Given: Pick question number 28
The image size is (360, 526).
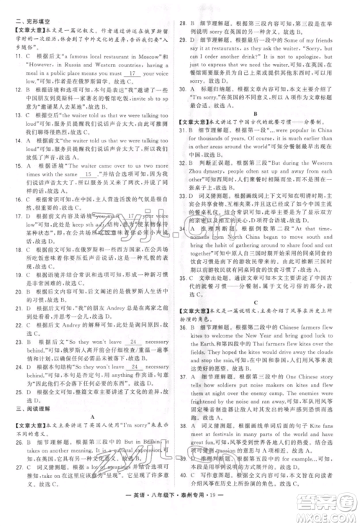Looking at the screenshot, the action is [186, 24].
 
